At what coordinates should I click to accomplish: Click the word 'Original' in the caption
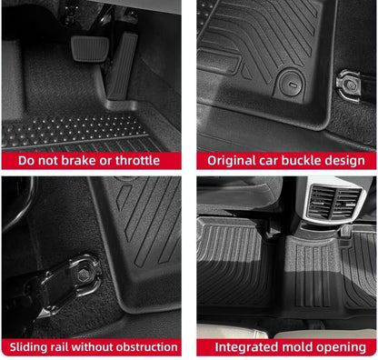[235, 161]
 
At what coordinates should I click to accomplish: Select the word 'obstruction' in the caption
[144, 347]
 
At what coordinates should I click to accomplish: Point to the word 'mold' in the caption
[301, 347]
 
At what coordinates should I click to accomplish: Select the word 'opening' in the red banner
[343, 347]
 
